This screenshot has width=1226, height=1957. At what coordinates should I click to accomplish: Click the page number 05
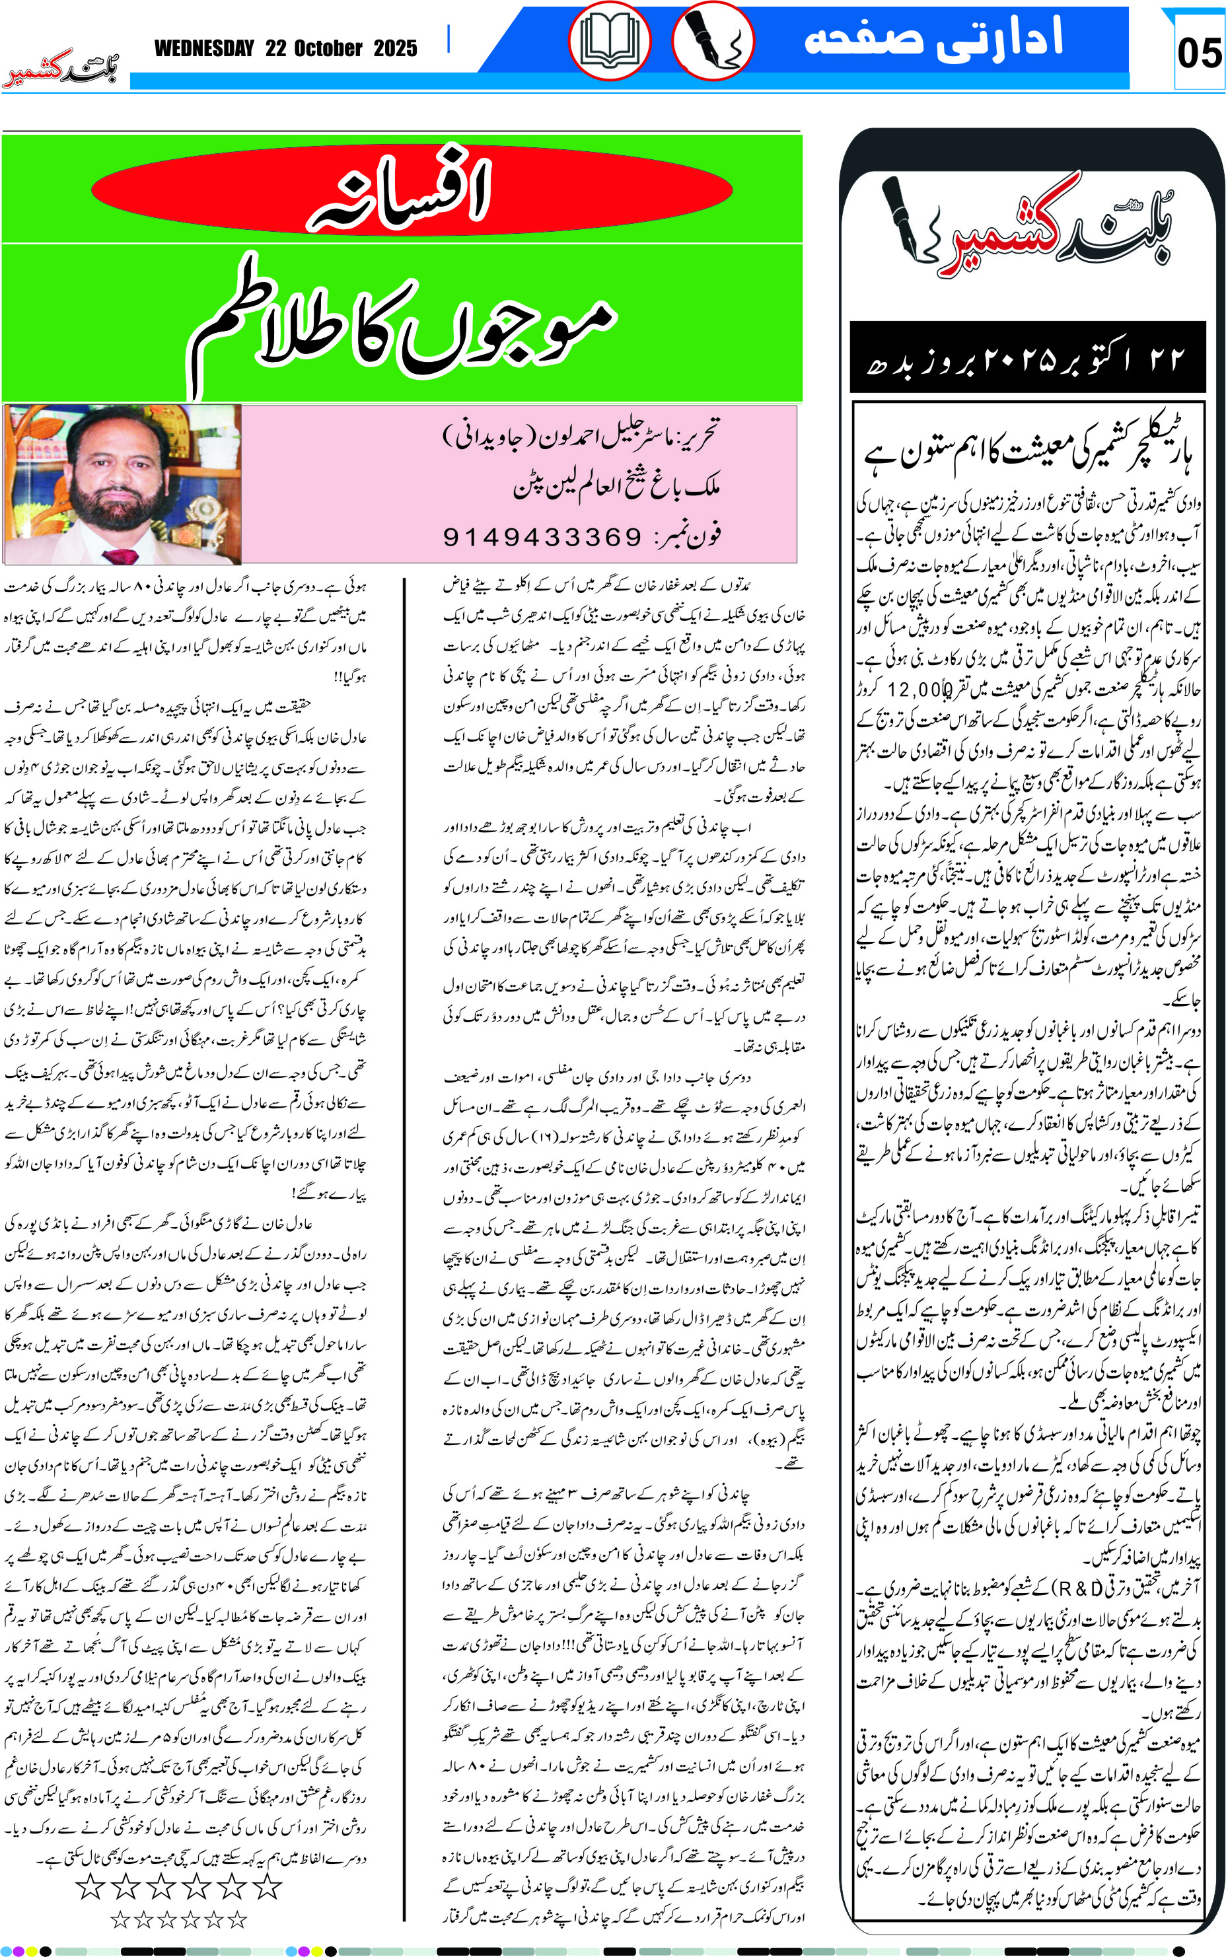click(1198, 53)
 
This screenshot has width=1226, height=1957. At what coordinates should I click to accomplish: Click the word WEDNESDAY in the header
click(204, 49)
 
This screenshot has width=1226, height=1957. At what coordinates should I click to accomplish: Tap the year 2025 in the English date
click(395, 49)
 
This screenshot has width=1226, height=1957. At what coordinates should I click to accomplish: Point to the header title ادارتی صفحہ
click(933, 38)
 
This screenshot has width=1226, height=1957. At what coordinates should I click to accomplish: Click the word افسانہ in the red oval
click(400, 189)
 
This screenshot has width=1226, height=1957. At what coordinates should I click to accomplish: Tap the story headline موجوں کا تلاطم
click(402, 324)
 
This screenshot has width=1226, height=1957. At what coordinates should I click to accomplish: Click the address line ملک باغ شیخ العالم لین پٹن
click(616, 485)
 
